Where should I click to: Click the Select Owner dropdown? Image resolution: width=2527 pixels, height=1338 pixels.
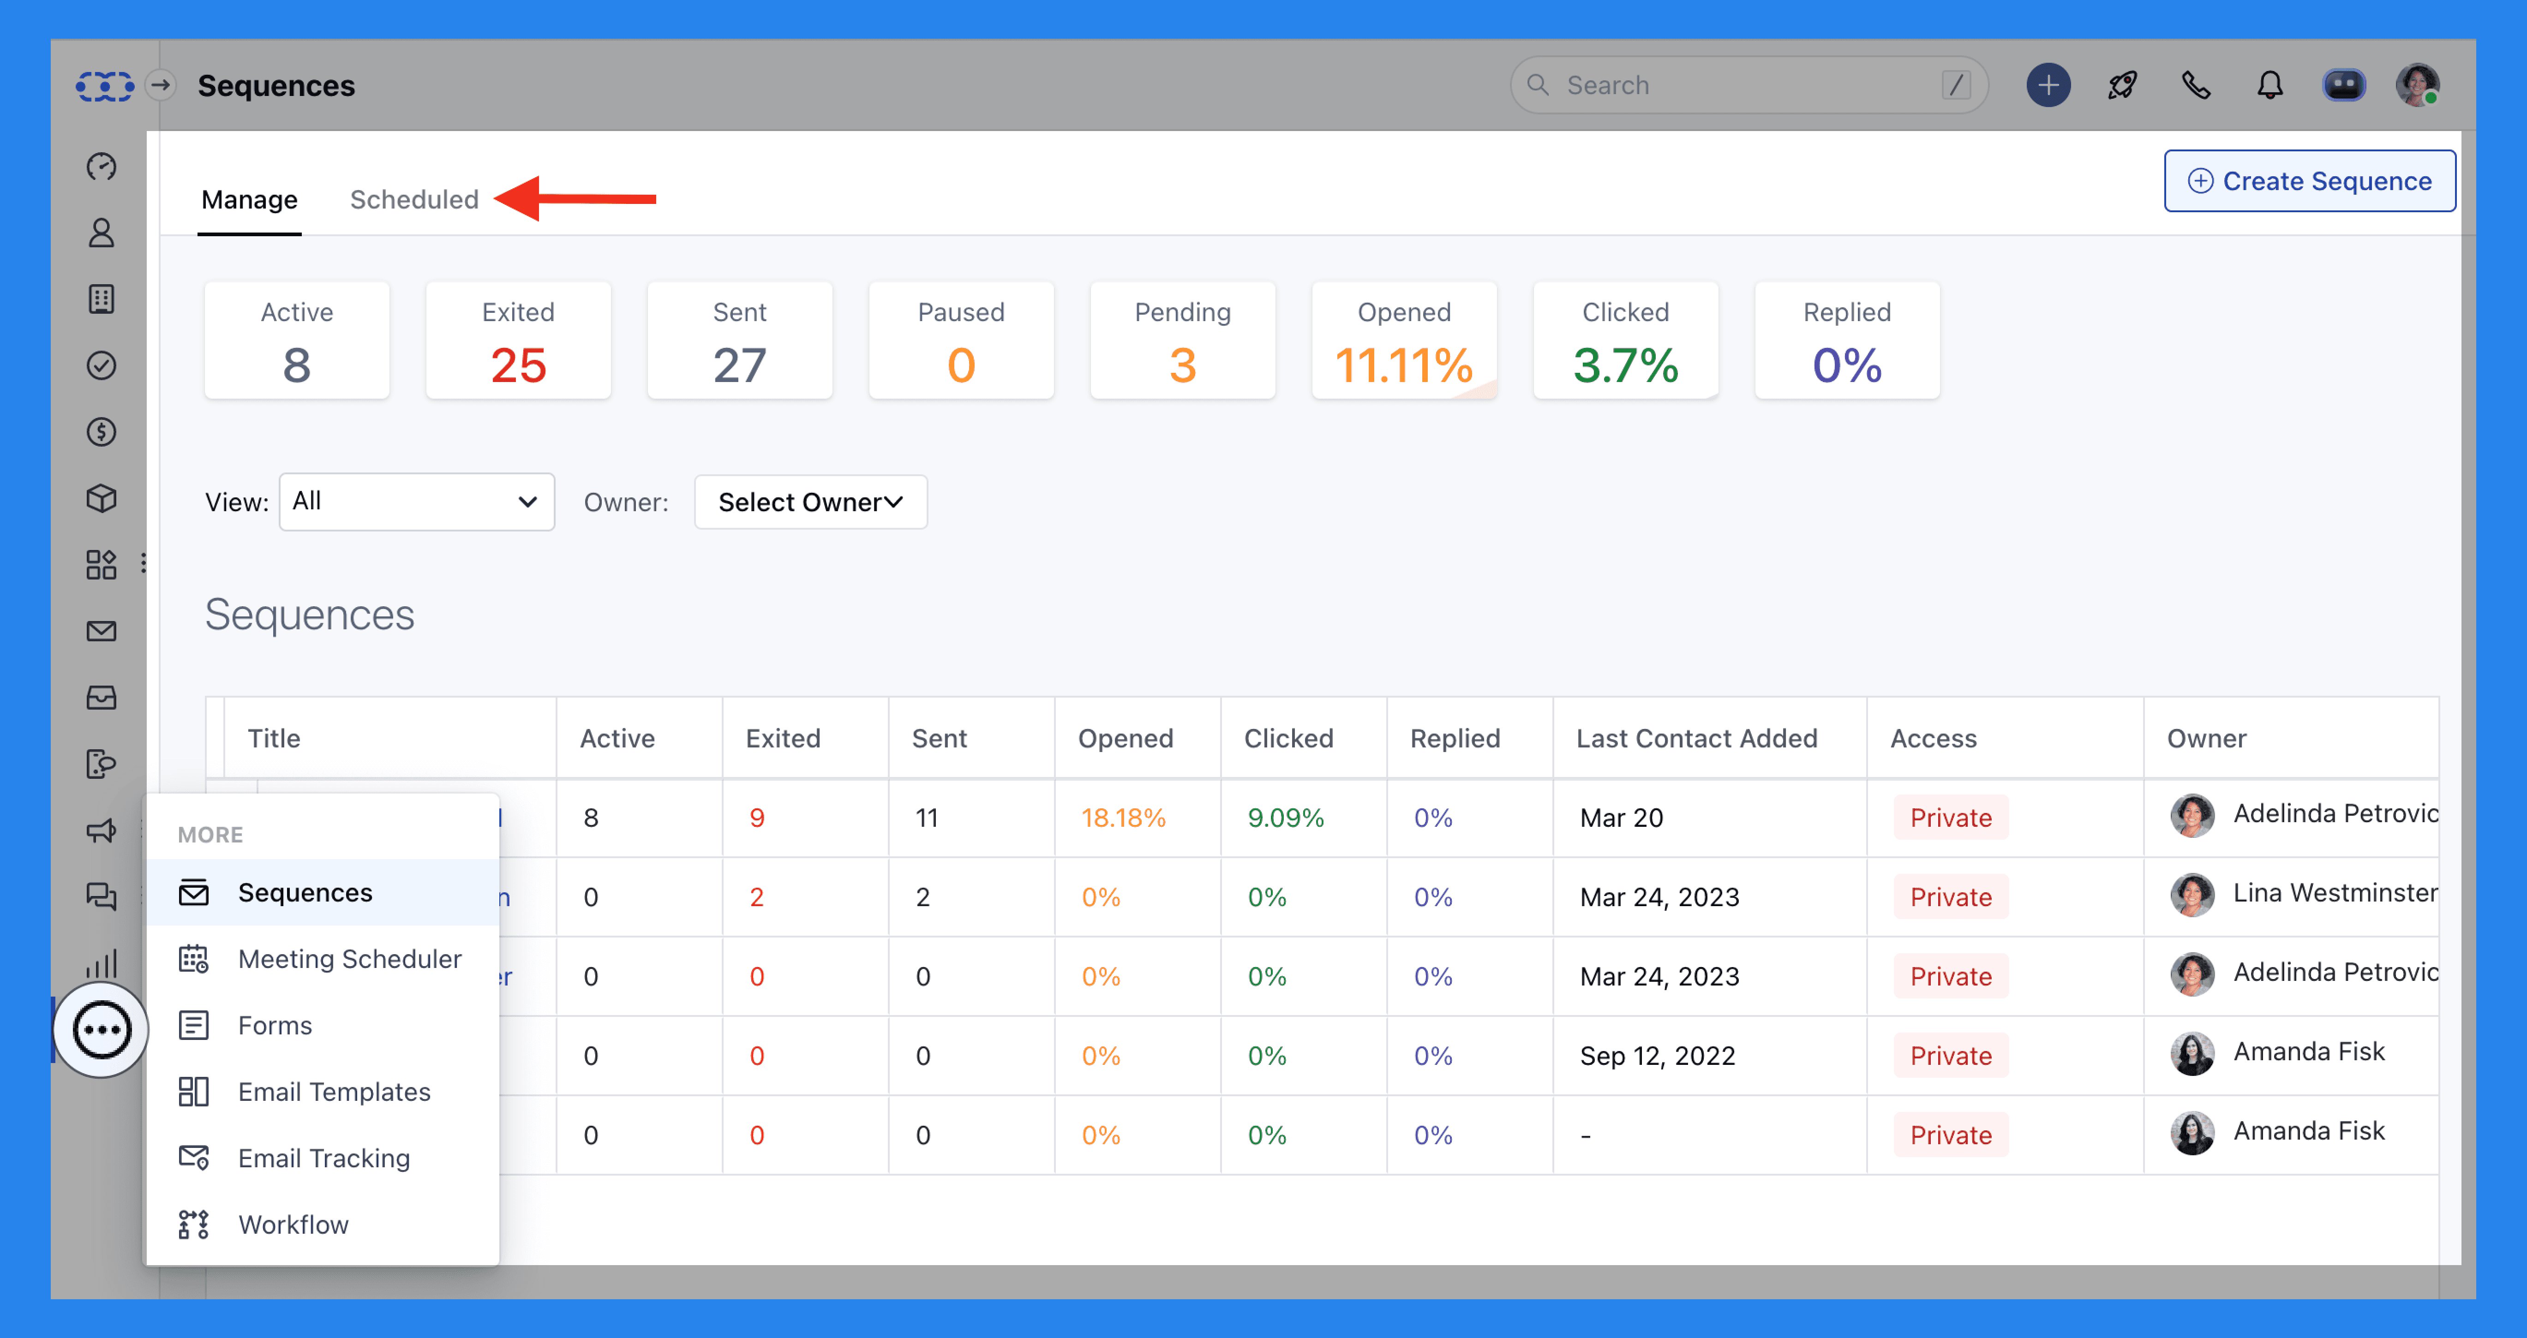810,502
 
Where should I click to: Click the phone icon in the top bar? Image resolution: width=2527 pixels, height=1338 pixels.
2195,85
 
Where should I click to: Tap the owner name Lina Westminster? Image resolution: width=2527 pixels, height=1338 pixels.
2334,893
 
